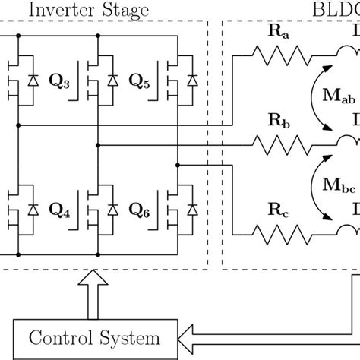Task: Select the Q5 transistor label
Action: [139, 80]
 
